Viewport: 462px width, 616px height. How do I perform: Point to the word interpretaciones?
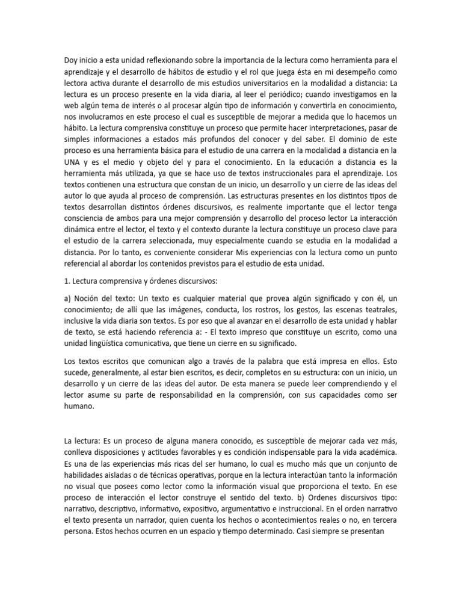pos(330,128)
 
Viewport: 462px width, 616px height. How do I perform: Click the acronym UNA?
pos(72,162)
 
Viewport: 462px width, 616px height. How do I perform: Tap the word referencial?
pos(84,265)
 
